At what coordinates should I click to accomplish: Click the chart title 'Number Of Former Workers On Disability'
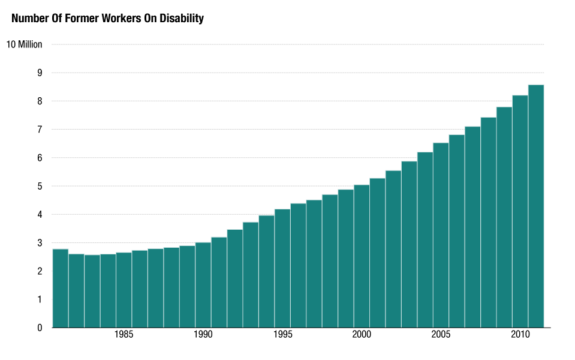coord(108,19)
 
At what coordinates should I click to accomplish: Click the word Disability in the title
coord(182,19)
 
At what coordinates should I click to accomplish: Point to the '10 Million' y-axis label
coord(24,44)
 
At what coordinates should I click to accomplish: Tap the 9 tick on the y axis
coord(40,73)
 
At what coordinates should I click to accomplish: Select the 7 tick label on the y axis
coord(40,130)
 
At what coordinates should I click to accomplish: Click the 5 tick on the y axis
coord(40,186)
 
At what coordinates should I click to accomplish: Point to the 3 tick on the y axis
coord(40,243)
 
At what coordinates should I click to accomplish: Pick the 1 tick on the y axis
coord(40,299)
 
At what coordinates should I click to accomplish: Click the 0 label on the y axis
coord(40,328)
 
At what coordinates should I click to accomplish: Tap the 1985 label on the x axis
coord(124,334)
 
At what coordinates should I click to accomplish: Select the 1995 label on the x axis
coord(282,334)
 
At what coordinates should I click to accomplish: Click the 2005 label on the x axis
coord(441,334)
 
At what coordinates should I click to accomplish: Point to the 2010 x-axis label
coord(520,334)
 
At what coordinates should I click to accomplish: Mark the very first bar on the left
coord(61,288)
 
